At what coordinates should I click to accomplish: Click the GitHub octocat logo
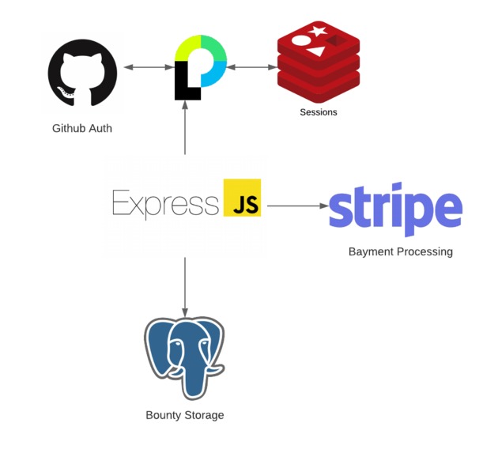click(x=82, y=73)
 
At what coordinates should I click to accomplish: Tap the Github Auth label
click(x=82, y=128)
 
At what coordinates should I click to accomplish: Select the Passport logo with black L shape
click(x=200, y=67)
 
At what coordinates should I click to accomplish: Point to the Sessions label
click(x=319, y=112)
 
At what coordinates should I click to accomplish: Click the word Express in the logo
click(x=165, y=203)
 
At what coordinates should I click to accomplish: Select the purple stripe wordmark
click(x=395, y=209)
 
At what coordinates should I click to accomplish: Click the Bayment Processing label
click(x=401, y=252)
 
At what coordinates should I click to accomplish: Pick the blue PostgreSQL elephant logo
click(x=185, y=357)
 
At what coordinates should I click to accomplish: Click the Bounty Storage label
click(x=185, y=415)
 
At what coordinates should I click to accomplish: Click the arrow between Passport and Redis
click(x=251, y=68)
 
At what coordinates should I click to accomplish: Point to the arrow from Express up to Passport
click(x=185, y=130)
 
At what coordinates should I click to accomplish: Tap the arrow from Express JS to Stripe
click(x=297, y=206)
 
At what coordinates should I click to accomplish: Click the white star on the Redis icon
click(x=319, y=32)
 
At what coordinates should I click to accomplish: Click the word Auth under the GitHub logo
click(x=99, y=128)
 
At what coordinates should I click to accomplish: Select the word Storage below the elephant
click(x=203, y=415)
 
